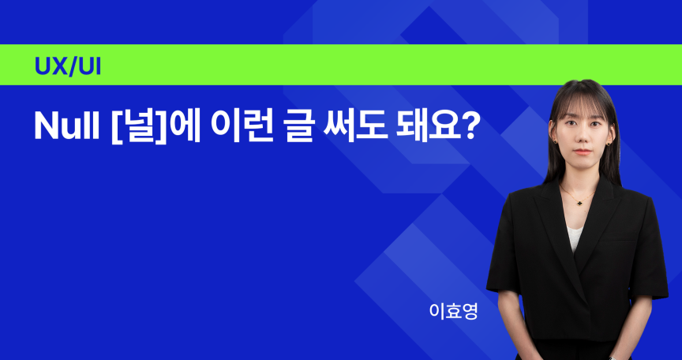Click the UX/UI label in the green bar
[67, 66]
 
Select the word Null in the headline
[67, 126]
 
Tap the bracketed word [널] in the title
[139, 127]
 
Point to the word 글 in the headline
[300, 126]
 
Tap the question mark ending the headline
[466, 126]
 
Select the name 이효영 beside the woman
[453, 312]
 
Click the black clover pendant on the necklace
[579, 201]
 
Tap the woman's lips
[582, 152]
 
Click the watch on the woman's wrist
[613, 358]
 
